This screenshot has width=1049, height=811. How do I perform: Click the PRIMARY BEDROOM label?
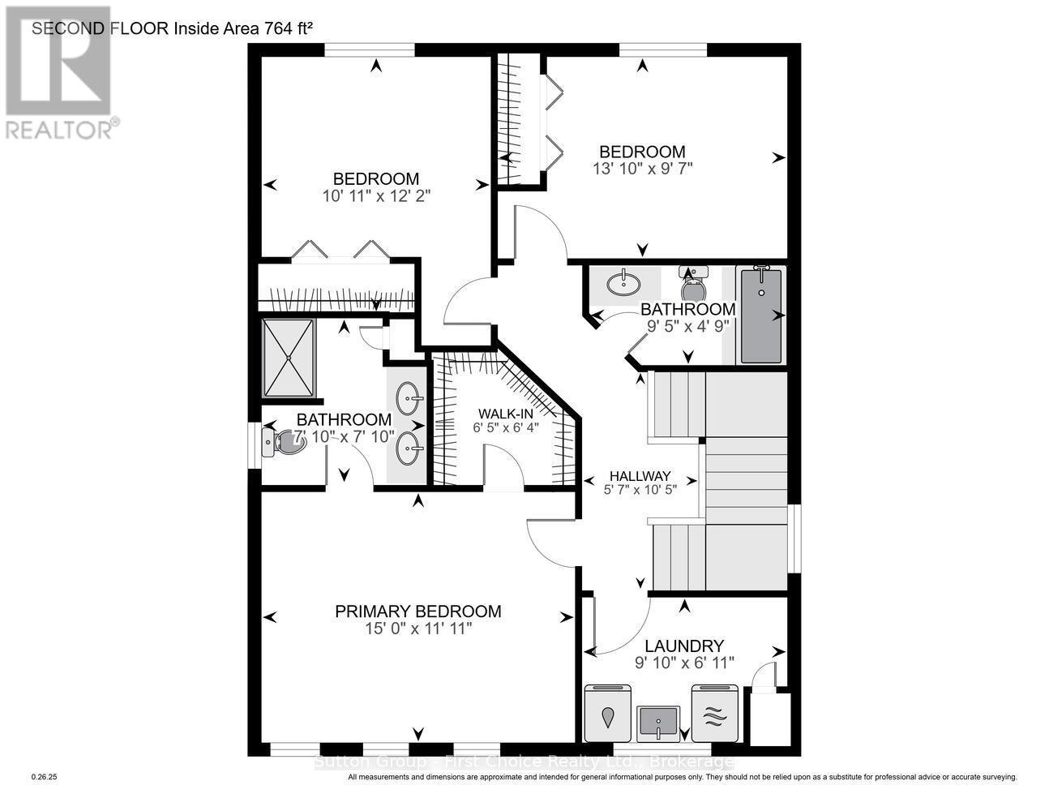point(417,611)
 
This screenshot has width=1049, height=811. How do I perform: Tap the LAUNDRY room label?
point(683,646)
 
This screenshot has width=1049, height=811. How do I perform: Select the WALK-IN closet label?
point(507,413)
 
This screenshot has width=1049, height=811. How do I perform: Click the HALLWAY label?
point(640,476)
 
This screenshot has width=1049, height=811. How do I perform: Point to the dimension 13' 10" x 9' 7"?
point(642,169)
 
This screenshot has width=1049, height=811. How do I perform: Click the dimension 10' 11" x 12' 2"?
point(375,195)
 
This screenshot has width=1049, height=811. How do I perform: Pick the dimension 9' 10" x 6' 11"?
point(684,663)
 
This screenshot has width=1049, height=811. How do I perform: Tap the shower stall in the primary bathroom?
point(288,358)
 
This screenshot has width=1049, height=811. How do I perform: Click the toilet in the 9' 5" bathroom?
point(694,288)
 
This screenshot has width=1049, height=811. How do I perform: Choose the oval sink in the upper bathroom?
point(623,283)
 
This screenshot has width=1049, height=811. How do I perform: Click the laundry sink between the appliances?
point(658,720)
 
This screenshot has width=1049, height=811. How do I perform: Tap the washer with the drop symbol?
point(609,714)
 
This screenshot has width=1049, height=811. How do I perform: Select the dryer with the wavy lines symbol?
point(713,714)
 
